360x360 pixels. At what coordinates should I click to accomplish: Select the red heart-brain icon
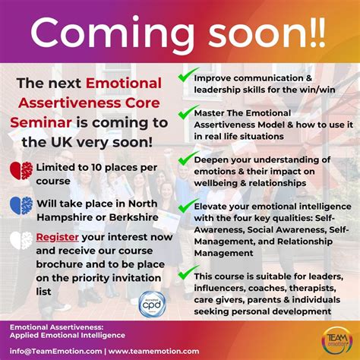[21, 172]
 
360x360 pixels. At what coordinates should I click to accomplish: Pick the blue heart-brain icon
[21, 206]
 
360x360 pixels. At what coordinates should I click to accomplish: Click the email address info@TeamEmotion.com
[54, 351]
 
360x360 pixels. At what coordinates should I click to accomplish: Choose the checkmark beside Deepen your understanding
[185, 159]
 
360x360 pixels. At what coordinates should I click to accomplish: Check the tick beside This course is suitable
[185, 271]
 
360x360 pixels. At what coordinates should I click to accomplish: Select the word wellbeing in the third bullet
[221, 183]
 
